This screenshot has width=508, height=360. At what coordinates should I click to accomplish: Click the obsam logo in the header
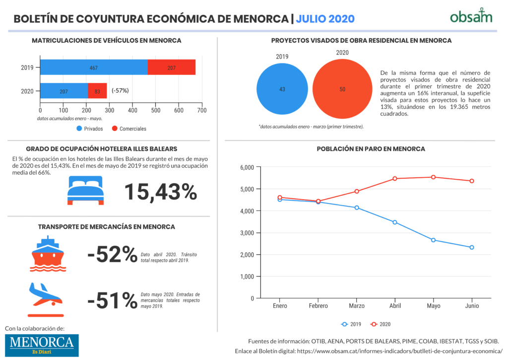pos(471,16)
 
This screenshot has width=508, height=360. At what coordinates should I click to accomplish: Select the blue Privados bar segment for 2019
pos(94,67)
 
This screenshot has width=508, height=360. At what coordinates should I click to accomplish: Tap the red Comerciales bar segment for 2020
pos(97,91)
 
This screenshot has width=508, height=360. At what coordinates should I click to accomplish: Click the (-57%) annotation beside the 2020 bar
pos(120,90)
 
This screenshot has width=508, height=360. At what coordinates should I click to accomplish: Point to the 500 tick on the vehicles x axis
pos(156,110)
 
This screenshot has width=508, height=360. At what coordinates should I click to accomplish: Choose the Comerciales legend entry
pos(129,129)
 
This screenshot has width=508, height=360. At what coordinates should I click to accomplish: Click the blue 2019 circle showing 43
pos(282,89)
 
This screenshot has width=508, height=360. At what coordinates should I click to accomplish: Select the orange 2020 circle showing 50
pos(342,89)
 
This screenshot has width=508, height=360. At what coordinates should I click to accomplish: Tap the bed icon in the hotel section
pos(85,190)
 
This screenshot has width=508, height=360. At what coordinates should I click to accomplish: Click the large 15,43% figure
pos(161,192)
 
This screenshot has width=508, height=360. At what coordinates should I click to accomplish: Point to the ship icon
pos(48,254)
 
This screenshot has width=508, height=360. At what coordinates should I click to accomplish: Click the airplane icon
pos(46,299)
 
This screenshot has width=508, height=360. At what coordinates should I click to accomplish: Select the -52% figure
pos(113,254)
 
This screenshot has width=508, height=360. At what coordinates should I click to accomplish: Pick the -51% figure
pos(113,300)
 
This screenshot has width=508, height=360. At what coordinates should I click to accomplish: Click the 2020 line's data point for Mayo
pos(434,177)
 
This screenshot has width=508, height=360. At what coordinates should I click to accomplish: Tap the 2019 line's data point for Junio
pos(472,247)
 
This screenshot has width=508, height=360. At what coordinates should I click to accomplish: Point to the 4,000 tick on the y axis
pos(247,211)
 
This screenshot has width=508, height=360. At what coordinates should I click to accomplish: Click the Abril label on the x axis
pos(395,306)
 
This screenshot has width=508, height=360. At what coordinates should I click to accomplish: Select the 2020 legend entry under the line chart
pos(381,324)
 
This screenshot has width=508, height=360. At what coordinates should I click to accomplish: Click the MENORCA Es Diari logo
pos(42,346)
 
